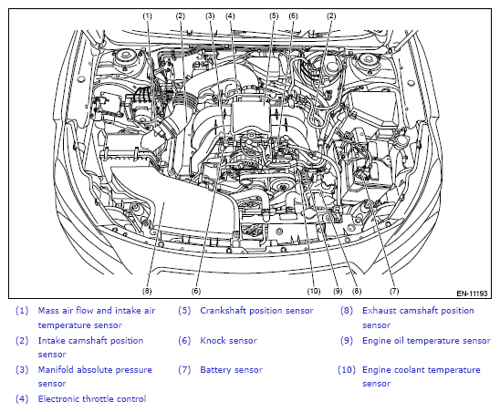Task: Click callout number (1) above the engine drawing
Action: click(x=147, y=15)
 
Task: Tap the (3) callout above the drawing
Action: click(x=210, y=15)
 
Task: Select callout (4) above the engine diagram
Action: click(x=230, y=15)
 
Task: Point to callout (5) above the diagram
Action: click(x=274, y=15)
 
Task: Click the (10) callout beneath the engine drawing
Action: click(x=314, y=291)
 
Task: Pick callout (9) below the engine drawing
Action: click(x=338, y=291)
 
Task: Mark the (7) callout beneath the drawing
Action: click(x=394, y=291)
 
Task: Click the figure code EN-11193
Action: click(x=472, y=294)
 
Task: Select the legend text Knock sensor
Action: click(x=228, y=341)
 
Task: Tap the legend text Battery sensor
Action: click(x=231, y=370)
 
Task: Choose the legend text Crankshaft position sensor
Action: click(x=256, y=311)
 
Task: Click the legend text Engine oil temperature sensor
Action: click(x=426, y=341)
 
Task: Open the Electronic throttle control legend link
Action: click(x=92, y=399)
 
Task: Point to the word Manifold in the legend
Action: click(x=56, y=370)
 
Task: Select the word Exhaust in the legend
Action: click(x=378, y=311)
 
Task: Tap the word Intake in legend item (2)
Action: click(x=52, y=341)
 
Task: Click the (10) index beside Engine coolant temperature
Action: click(x=347, y=370)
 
